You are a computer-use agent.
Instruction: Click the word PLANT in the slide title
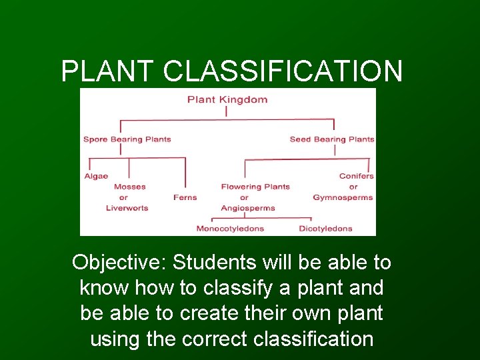click(x=107, y=71)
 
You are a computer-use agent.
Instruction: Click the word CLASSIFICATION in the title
click(x=283, y=71)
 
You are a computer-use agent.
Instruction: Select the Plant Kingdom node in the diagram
click(x=227, y=100)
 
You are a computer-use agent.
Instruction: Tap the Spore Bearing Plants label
click(x=127, y=139)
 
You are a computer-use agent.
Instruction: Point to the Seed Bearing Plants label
click(x=332, y=139)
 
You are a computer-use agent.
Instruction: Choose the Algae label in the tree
click(x=96, y=176)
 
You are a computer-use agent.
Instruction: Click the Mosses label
click(x=129, y=187)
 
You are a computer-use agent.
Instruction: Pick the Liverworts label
click(x=127, y=208)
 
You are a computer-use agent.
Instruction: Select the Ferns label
click(x=185, y=197)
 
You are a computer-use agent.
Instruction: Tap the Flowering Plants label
click(x=255, y=187)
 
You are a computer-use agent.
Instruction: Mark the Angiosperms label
click(x=248, y=208)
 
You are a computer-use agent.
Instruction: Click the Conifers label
click(x=357, y=176)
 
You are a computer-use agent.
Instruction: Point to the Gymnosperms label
click(x=343, y=197)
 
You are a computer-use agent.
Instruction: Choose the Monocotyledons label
click(x=230, y=229)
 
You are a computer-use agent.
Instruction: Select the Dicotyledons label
click(x=325, y=229)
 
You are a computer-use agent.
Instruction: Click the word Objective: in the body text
click(x=119, y=263)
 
